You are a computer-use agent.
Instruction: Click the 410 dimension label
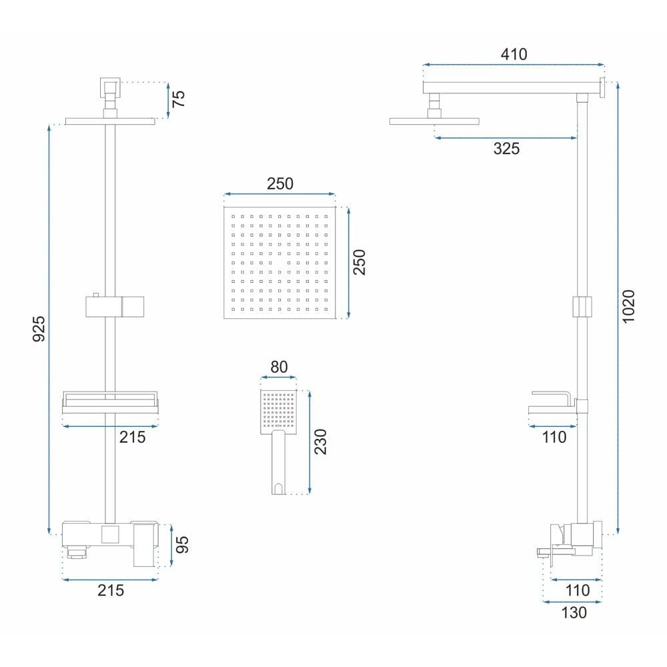(514, 54)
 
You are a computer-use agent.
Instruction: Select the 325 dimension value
(506, 149)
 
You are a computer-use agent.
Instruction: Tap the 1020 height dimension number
(628, 306)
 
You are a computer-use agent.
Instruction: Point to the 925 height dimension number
(39, 328)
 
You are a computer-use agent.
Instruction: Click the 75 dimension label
(179, 99)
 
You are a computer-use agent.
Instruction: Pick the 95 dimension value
(181, 544)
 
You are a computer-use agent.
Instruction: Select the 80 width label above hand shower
(279, 367)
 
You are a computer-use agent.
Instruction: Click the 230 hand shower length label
(320, 442)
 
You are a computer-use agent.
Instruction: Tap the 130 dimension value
(574, 612)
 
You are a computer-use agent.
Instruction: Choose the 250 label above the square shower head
(280, 184)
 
